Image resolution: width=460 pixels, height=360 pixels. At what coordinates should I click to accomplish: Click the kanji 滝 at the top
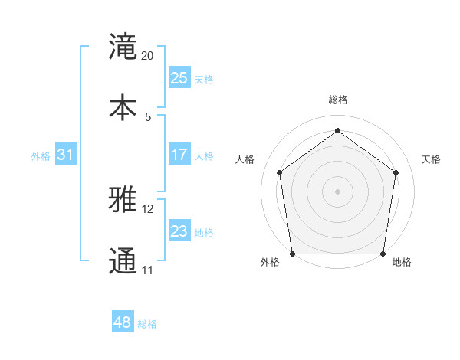123,47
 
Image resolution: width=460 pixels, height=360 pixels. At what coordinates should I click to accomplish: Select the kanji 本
123,107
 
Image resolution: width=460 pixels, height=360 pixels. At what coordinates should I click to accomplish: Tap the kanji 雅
123,200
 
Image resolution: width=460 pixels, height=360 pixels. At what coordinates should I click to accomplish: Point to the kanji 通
123,261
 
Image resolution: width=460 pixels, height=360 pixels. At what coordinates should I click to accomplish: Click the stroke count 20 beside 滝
148,56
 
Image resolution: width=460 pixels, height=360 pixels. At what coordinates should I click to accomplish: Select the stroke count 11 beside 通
147,270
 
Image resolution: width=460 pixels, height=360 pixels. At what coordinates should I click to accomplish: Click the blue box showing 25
179,78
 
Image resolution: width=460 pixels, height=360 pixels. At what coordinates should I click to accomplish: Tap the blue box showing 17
179,155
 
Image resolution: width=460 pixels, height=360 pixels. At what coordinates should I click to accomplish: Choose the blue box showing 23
179,231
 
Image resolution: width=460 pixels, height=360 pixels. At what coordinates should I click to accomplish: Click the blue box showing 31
65,155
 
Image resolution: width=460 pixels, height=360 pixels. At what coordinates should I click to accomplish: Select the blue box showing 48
122,322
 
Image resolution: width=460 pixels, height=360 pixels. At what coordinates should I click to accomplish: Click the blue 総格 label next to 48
147,324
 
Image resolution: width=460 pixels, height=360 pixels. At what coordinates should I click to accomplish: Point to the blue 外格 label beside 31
41,156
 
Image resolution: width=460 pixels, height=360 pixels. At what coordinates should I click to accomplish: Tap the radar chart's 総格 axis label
338,100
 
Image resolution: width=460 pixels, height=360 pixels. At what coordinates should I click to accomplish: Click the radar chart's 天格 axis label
431,159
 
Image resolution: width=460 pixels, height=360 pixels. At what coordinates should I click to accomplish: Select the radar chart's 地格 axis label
402,262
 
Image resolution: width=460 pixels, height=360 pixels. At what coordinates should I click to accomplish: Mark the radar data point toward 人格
279,172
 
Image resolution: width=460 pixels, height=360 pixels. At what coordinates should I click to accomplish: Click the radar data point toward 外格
293,254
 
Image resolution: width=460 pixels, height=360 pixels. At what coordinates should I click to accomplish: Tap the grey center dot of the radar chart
338,191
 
